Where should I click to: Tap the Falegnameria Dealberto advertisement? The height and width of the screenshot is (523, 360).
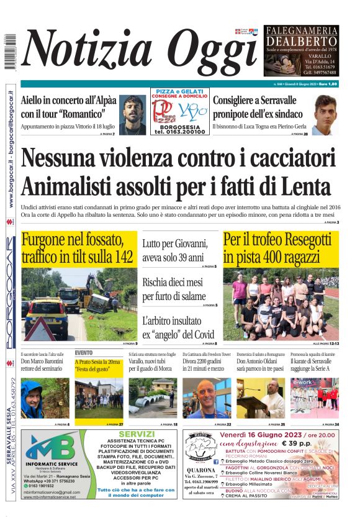[x=301, y=50]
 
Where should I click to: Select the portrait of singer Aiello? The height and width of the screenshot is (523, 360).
[x=132, y=114]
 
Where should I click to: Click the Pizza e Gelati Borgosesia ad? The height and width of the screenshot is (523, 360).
[x=179, y=112]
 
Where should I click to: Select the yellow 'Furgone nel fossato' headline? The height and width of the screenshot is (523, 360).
[x=78, y=248]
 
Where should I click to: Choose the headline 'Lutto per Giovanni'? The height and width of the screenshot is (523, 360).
[x=174, y=250]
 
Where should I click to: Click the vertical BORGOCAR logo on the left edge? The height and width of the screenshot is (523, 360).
[x=10, y=292]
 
